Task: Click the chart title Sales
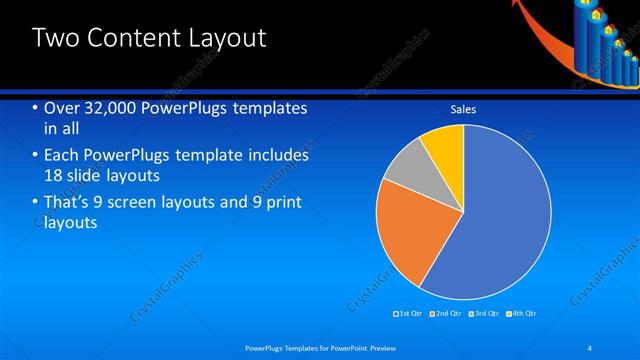pos(463,109)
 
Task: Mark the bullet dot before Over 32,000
pos(35,108)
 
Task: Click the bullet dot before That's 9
pos(35,202)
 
